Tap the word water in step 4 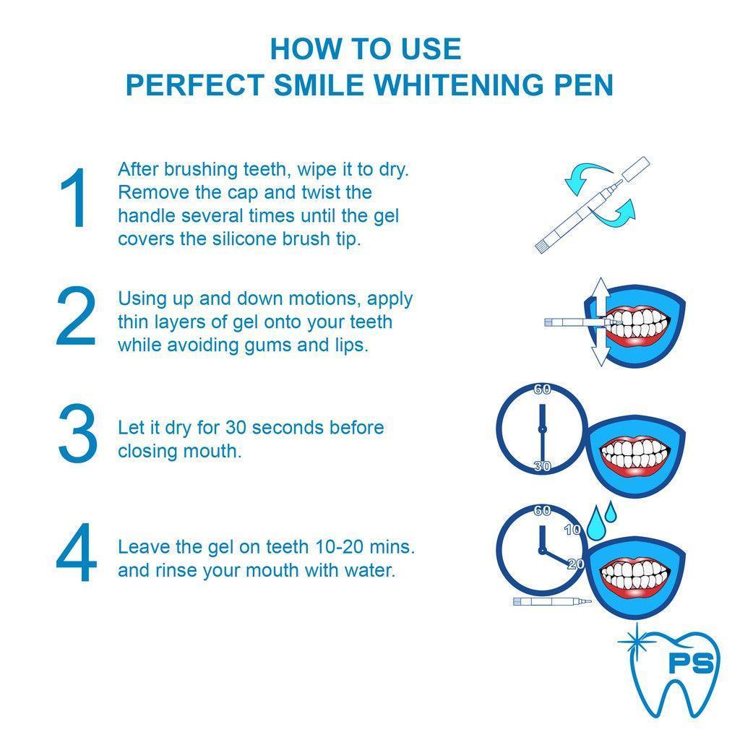point(369,570)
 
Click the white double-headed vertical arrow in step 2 point(600,322)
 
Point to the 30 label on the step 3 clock point(542,466)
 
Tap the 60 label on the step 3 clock point(542,390)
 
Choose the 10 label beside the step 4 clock point(573,530)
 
